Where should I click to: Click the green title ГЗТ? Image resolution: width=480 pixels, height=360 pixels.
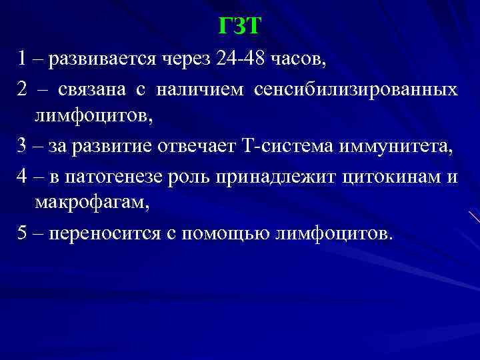(x=240, y=26)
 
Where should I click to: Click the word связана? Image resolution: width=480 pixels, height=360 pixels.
(x=91, y=89)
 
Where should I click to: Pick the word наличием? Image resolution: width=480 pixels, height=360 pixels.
(x=205, y=89)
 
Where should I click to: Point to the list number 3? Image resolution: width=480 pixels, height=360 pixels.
(x=23, y=146)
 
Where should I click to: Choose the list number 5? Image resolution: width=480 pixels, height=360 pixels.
(x=23, y=233)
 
